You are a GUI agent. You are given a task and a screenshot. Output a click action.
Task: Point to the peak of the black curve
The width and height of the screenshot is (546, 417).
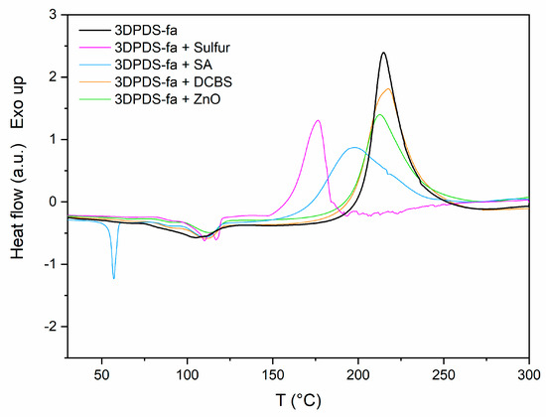tap(383, 54)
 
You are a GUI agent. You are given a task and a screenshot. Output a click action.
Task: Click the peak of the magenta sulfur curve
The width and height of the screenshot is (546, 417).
tap(318, 120)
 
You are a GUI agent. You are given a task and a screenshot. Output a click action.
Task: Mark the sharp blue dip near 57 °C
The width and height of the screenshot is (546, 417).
tap(114, 279)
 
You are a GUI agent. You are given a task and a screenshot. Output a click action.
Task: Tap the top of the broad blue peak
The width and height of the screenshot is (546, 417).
tap(354, 147)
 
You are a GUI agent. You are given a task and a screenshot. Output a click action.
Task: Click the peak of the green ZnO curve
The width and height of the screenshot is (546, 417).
tap(379, 114)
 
